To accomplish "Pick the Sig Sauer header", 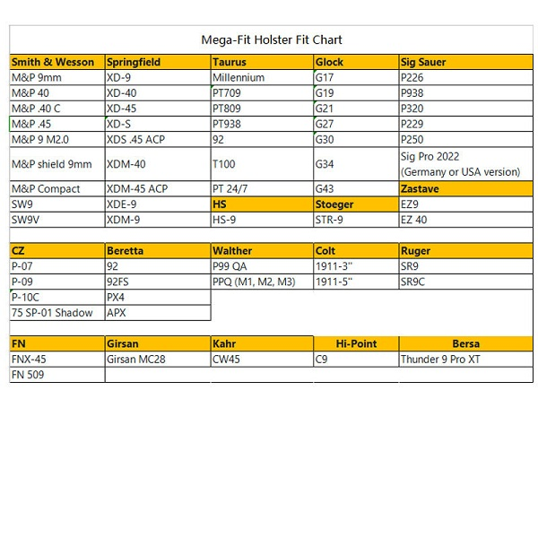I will coord(424,63).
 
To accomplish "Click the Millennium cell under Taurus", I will coord(239,78).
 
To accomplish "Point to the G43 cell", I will coord(325,189).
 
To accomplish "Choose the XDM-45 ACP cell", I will coord(137,189).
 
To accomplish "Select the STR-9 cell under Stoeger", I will coord(329,220).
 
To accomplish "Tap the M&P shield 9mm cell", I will coord(51,164).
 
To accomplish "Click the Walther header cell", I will coord(232,251).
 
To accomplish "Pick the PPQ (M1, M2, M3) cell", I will coord(254,282).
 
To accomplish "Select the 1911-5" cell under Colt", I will coord(334,282).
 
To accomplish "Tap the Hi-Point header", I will coord(356,343).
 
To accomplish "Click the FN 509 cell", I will coord(28,375).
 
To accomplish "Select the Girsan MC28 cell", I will coord(136,360).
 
